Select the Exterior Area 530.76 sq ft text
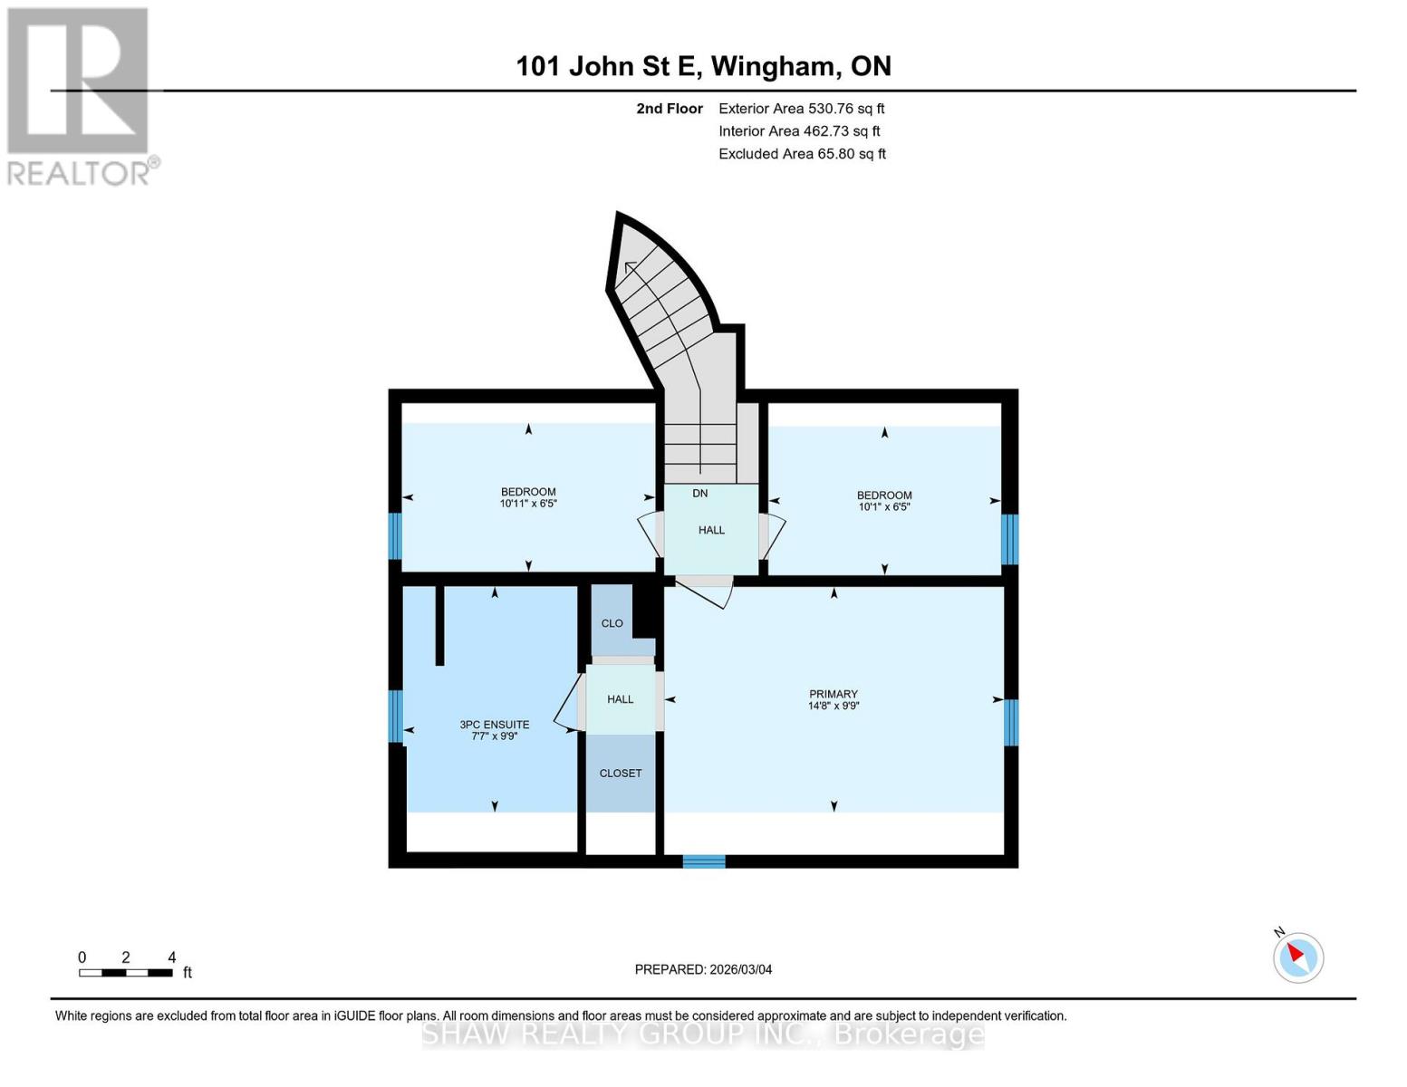(801, 109)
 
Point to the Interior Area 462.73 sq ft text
(799, 131)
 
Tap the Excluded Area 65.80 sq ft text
(802, 154)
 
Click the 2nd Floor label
(670, 109)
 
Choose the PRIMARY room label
(833, 694)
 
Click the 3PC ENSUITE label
(494, 725)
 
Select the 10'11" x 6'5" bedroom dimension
(528, 504)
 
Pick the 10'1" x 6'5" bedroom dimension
(884, 507)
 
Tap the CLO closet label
(612, 623)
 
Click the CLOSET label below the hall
(621, 773)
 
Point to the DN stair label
(700, 494)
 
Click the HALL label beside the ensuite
(621, 699)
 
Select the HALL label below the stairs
(711, 530)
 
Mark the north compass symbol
(1298, 957)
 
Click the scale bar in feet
(126, 973)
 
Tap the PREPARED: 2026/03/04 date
(703, 969)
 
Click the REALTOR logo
(80, 96)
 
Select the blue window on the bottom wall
(704, 861)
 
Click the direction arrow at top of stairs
(630, 266)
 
